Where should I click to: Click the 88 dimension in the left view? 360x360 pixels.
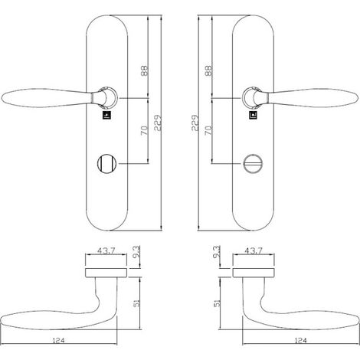click(144, 71)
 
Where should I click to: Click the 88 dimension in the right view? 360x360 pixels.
click(208, 71)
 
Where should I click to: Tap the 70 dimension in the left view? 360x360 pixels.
click(145, 130)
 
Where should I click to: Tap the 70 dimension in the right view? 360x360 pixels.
click(208, 130)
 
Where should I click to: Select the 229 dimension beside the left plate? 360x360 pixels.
click(158, 123)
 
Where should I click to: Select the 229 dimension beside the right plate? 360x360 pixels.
click(195, 123)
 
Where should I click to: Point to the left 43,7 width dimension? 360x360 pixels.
click(106, 251)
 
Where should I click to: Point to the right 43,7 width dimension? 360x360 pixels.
click(254, 251)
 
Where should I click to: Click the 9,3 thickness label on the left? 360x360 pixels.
click(136, 252)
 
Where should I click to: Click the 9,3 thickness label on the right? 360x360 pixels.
click(217, 252)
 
